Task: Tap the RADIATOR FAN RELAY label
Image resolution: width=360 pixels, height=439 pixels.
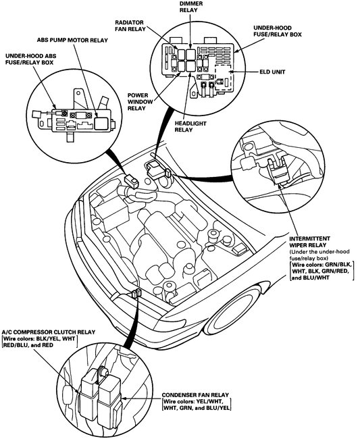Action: point(130,26)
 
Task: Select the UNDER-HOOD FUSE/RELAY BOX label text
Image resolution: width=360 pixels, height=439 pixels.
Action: point(278,31)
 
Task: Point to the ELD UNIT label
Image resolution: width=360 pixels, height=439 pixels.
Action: point(272,72)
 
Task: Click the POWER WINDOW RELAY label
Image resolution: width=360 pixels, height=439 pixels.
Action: point(140,101)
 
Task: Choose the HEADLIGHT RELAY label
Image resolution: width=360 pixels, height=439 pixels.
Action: point(190,126)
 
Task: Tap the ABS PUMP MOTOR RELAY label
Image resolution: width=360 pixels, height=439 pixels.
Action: point(72,41)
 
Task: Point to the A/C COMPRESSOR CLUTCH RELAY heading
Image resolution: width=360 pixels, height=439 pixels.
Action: point(49,332)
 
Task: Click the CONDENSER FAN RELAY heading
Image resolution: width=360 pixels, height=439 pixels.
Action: point(195,395)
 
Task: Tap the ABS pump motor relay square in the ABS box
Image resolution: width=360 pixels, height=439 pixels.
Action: point(101,123)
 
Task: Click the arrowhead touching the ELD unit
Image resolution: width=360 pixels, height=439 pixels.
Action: point(231,72)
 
